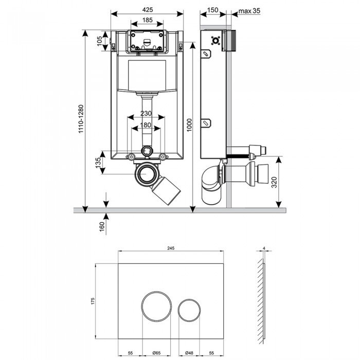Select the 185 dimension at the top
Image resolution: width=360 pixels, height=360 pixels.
point(147,20)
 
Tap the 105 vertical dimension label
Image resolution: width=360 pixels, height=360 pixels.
point(100,41)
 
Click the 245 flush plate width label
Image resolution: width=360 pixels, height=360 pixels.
point(171,247)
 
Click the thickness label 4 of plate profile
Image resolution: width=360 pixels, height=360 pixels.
point(263,248)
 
